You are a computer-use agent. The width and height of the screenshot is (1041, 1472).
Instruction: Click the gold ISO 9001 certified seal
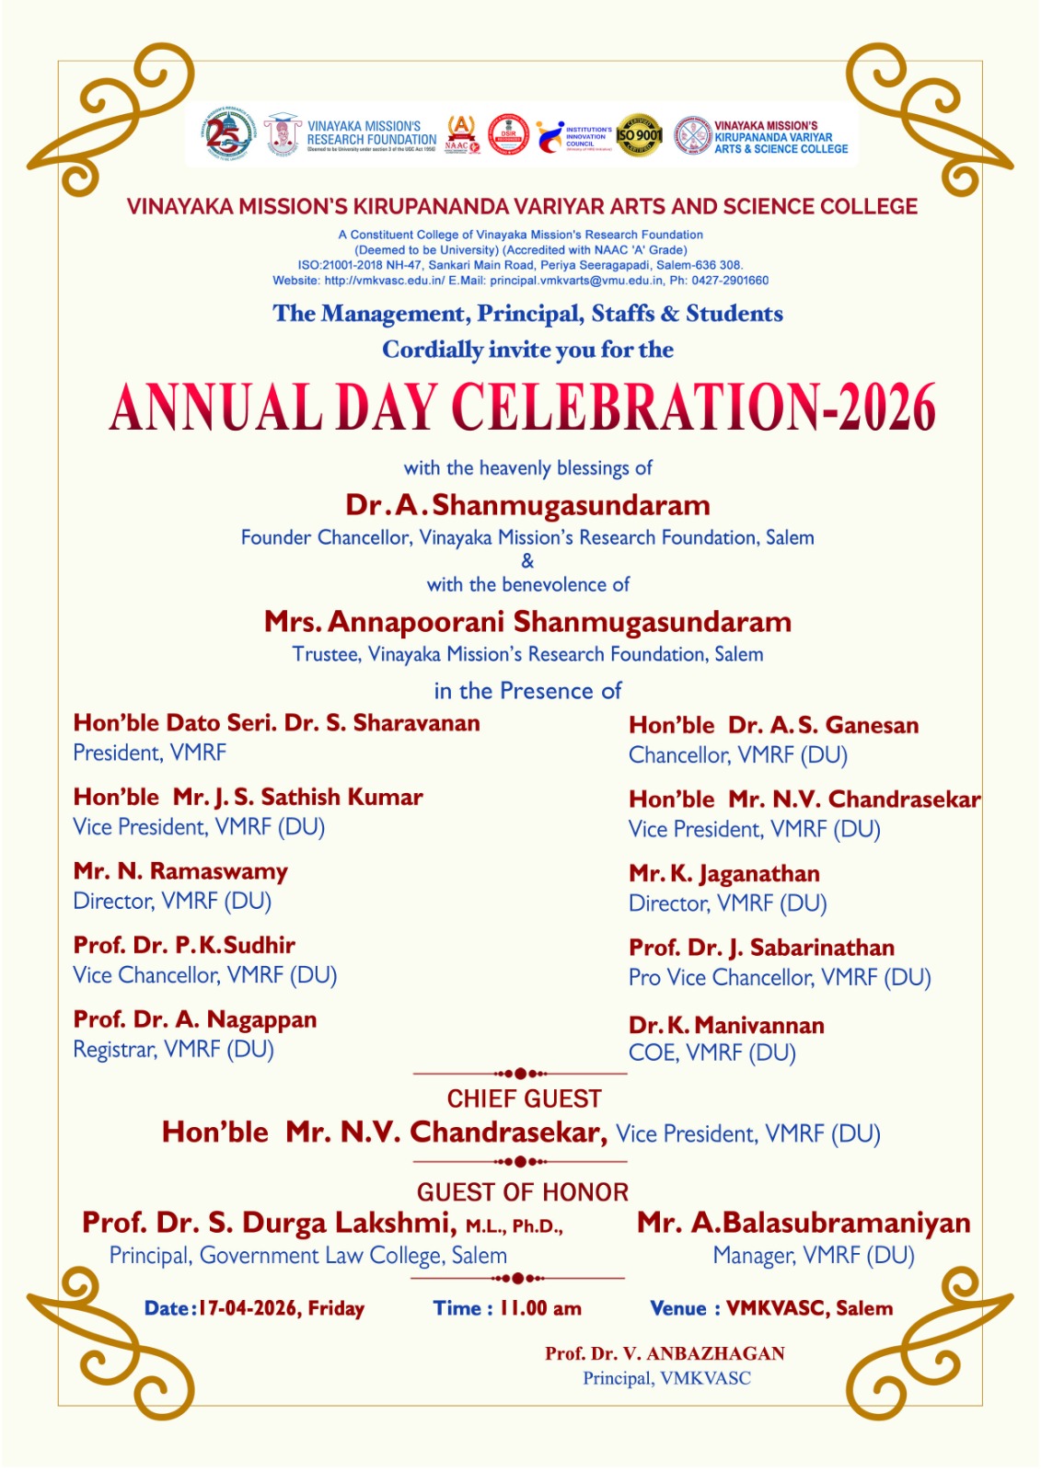[x=639, y=135]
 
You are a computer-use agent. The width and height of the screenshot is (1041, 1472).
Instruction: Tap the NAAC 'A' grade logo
[x=461, y=134]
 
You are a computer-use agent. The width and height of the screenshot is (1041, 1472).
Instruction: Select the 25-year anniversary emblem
[x=226, y=134]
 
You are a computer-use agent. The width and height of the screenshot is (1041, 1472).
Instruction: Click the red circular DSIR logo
[x=508, y=134]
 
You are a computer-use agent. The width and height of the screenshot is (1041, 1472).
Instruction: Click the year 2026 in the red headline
[x=885, y=408]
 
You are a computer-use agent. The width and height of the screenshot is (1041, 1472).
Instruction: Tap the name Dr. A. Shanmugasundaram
[x=527, y=505]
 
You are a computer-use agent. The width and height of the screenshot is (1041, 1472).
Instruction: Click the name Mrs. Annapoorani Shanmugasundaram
[x=527, y=622]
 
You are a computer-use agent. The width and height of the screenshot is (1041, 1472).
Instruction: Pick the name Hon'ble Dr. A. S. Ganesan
[x=773, y=725]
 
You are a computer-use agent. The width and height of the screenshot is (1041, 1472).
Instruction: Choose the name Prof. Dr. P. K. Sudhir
[x=184, y=945]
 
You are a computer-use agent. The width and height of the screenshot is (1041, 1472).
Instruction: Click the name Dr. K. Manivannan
[x=726, y=1025]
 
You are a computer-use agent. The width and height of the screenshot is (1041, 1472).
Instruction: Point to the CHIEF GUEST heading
[x=524, y=1098]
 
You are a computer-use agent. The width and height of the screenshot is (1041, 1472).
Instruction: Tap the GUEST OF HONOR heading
[x=522, y=1192]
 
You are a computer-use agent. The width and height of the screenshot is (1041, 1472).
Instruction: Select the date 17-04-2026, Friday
[x=282, y=1308]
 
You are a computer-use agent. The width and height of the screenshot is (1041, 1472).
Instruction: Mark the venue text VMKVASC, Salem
[x=809, y=1308]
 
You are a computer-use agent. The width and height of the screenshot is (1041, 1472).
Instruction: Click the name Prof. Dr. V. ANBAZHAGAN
[x=665, y=1353]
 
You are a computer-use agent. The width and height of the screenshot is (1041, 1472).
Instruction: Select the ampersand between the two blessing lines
[x=527, y=561]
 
